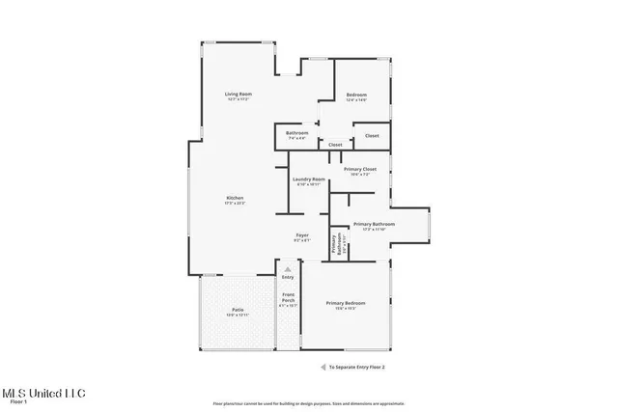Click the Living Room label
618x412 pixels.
coord(238,94)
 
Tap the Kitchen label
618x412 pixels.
coord(235,198)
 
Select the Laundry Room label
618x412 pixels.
coord(309,179)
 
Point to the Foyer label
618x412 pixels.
coord(302,235)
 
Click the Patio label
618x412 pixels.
coord(238,310)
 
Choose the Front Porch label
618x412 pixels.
coord(288,298)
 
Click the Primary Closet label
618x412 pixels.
coord(360,170)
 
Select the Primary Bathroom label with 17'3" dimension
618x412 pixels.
coord(373,224)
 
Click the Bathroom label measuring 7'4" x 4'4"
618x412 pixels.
coord(296,133)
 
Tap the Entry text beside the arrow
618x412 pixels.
coord(288,277)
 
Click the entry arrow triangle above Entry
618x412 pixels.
coord(287,269)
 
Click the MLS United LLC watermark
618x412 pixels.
coord(43,394)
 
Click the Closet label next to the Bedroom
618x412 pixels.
coord(372,136)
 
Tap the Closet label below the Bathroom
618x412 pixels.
coord(335,145)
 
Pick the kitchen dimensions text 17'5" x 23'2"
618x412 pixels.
coord(235,204)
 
